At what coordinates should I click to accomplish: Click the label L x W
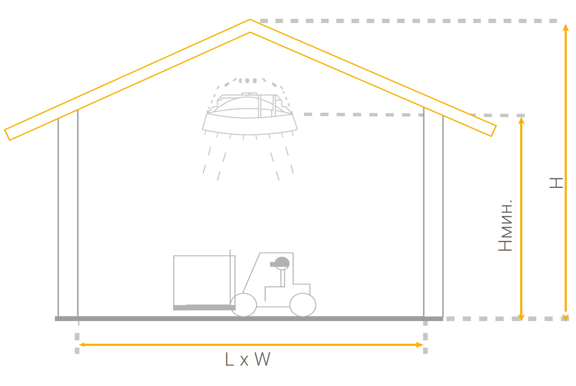point(247,359)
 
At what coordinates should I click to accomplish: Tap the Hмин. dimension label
point(506,225)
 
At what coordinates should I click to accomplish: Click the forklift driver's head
point(281,263)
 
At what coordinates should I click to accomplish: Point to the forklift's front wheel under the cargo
point(244,304)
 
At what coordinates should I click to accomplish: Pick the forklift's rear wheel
point(302,304)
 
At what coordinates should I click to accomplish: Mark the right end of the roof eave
point(492,130)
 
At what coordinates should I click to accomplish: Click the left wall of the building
point(68,215)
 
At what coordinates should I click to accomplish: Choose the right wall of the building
point(433,215)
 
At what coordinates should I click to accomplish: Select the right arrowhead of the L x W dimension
point(421,345)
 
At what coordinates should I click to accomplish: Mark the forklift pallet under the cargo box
point(204,307)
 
